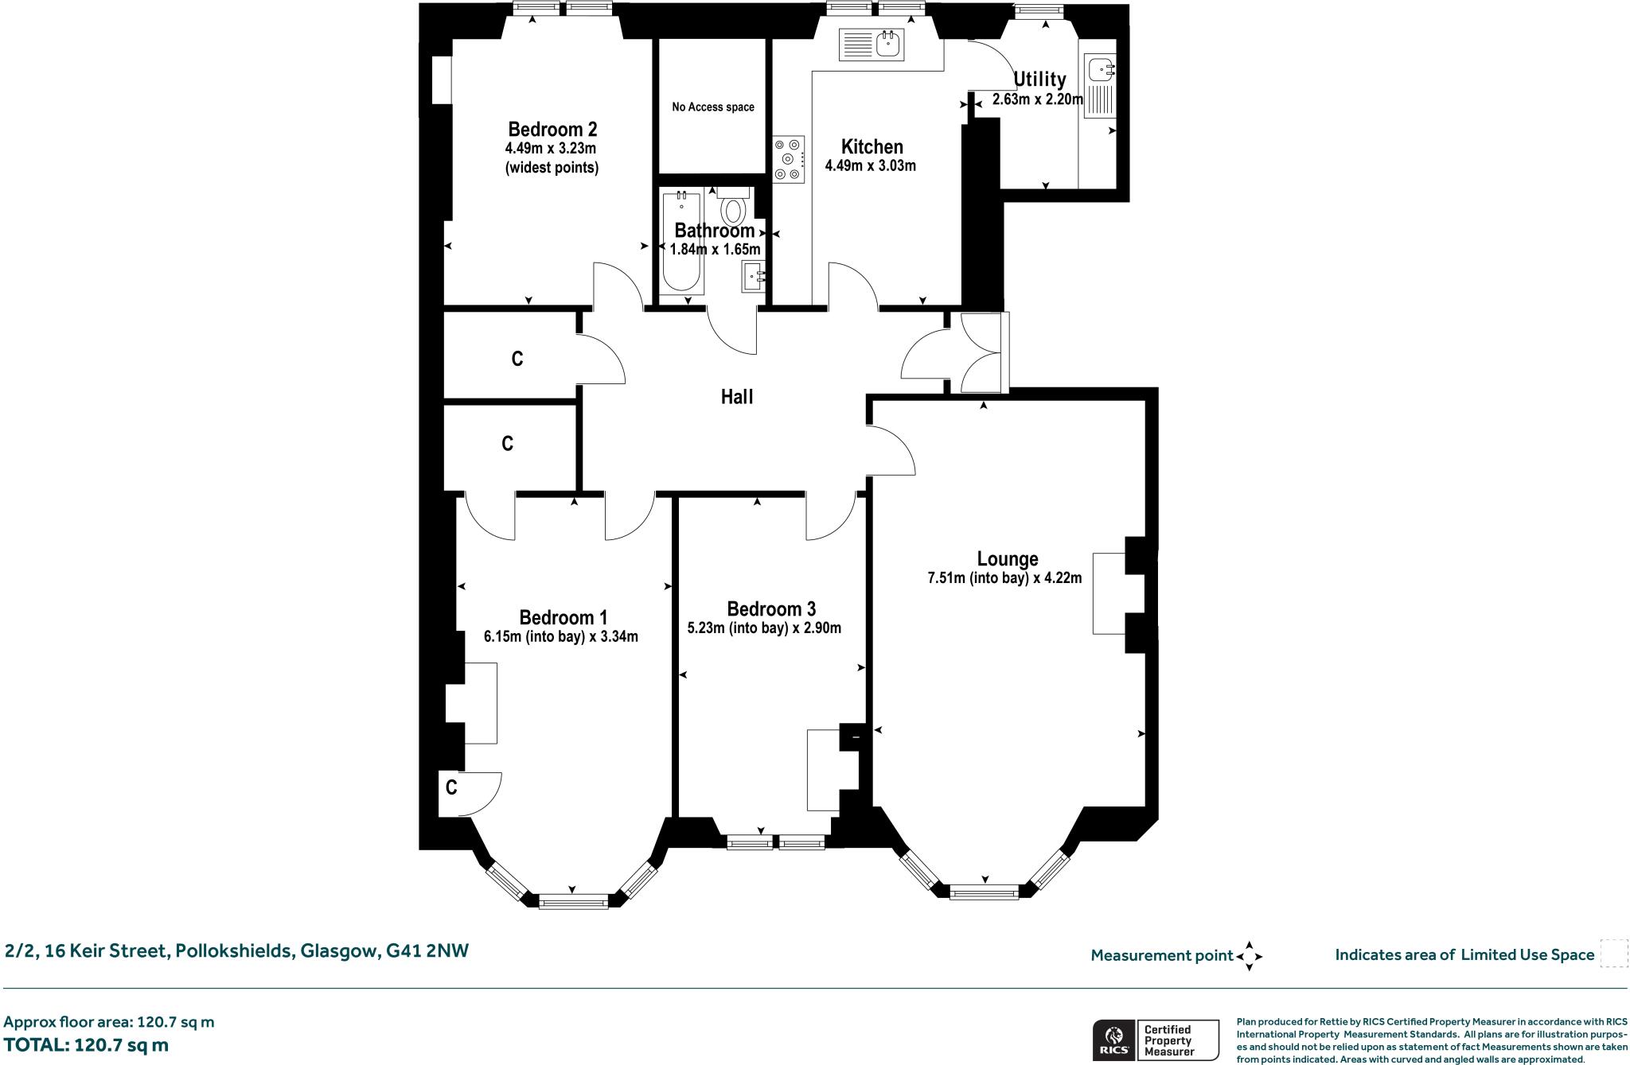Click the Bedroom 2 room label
[x=552, y=130]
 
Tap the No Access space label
[x=712, y=107]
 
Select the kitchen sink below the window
[x=871, y=45]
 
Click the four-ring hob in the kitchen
[x=789, y=159]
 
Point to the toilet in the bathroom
[x=732, y=210]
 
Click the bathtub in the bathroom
[x=681, y=243]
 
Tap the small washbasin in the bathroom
[x=753, y=278]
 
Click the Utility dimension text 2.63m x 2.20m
[x=1037, y=100]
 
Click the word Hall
[x=736, y=397]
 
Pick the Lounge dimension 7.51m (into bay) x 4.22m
[x=1004, y=579]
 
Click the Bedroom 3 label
[x=770, y=609]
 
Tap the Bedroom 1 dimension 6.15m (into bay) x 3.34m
[x=560, y=637]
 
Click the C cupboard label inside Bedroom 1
[x=451, y=788]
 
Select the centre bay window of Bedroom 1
[x=573, y=901]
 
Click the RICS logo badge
[x=1113, y=1040]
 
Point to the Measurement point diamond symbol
[x=1249, y=956]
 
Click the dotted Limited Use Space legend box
[x=1613, y=953]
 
